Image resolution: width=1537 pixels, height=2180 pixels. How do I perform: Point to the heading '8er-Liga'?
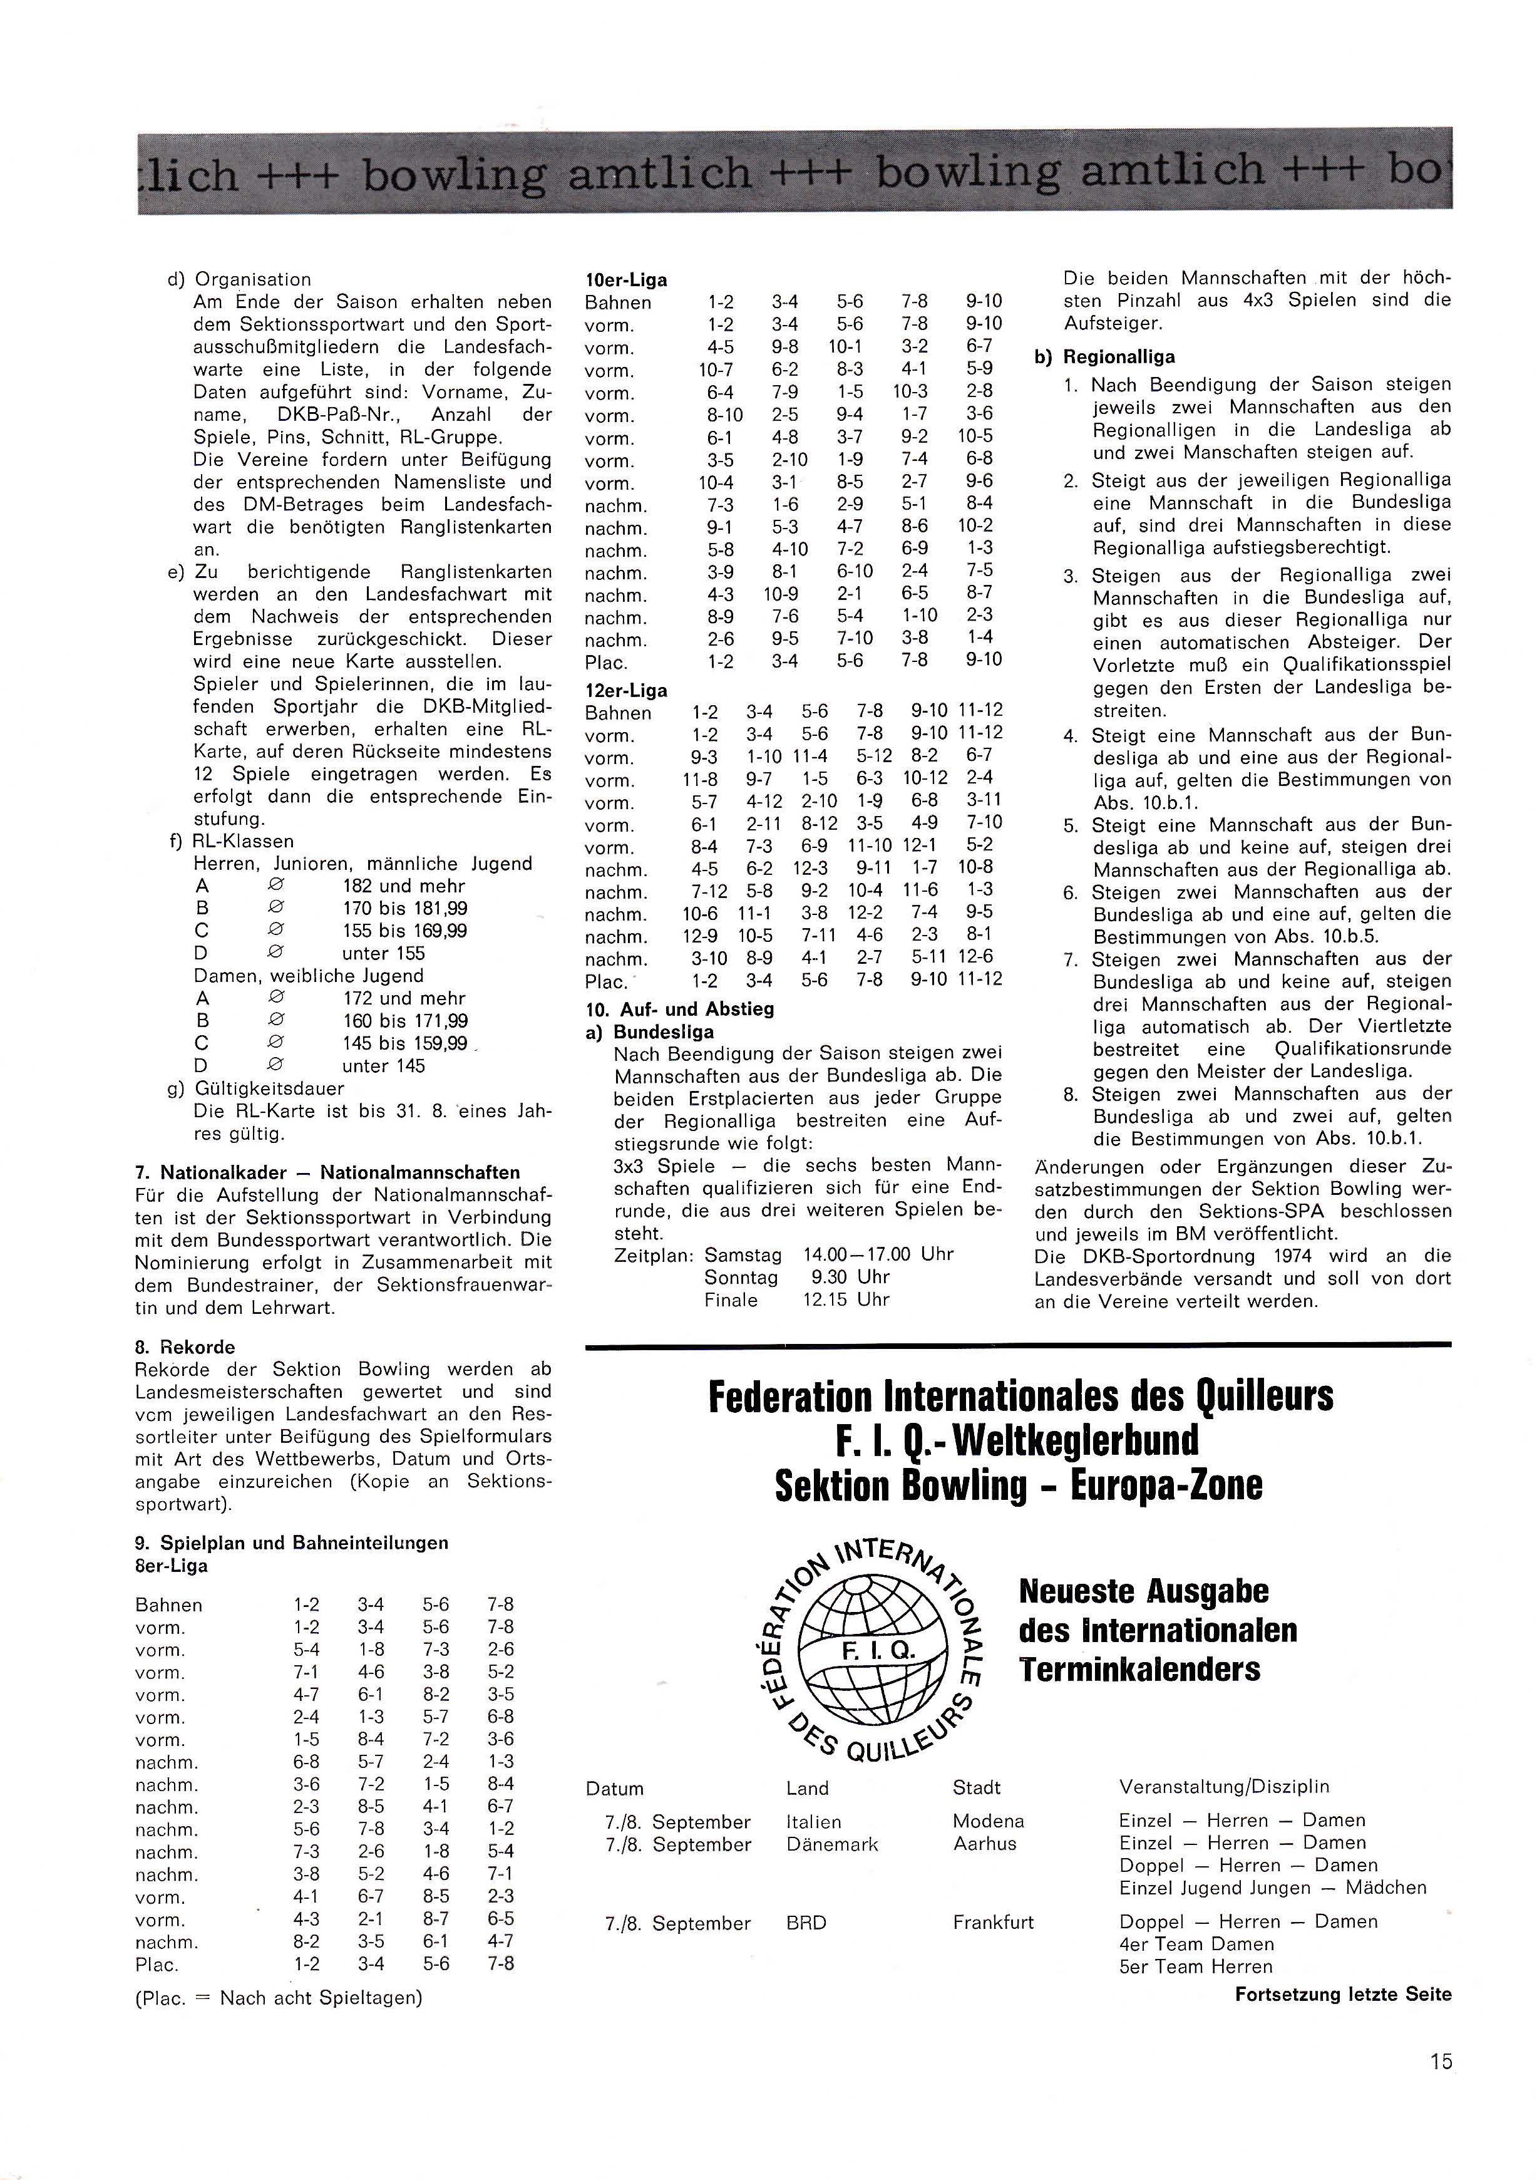[172, 1566]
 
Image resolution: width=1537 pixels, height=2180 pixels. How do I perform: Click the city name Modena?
[989, 1821]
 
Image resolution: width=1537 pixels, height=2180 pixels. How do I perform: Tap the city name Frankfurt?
[993, 1923]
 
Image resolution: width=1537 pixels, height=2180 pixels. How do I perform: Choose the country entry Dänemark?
[831, 1845]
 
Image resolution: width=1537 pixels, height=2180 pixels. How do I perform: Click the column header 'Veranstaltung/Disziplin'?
[1224, 1787]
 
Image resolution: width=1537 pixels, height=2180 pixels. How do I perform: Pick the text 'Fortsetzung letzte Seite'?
[1342, 1995]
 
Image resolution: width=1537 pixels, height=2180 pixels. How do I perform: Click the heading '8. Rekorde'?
[185, 1347]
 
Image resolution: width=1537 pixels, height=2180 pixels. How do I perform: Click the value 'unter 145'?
[384, 1067]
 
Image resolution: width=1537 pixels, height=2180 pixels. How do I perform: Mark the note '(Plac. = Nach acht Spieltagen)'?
[278, 1998]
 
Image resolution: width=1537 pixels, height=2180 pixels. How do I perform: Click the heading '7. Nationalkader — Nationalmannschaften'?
[327, 1172]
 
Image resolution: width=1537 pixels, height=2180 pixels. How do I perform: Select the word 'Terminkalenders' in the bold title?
[1139, 1670]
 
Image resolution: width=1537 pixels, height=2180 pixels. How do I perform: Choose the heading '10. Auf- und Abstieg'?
[680, 1010]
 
